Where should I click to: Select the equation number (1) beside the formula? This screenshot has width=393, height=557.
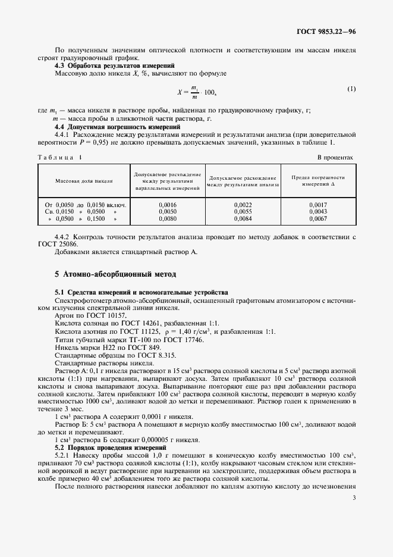tap(351, 89)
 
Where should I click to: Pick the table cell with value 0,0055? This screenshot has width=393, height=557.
tap(243, 211)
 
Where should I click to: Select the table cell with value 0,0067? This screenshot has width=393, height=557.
tap(319, 218)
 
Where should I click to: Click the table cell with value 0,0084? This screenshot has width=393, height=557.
tap(243, 218)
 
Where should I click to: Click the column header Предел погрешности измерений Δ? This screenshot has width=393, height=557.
tap(319, 180)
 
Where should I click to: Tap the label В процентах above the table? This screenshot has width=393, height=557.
tap(335, 158)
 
